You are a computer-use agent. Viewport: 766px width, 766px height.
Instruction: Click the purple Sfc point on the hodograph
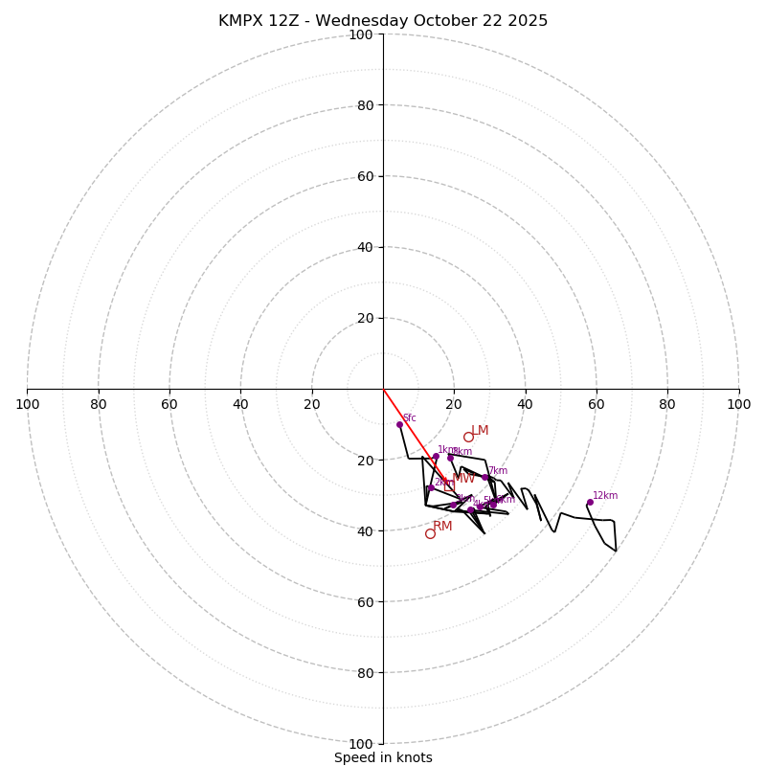coord(399,424)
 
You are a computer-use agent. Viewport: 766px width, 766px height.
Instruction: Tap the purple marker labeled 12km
coord(590,502)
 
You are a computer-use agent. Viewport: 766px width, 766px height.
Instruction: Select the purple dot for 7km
coord(484,477)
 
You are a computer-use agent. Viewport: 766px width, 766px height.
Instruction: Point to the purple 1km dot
coord(436,457)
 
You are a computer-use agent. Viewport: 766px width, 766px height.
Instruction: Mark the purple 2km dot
coord(431,488)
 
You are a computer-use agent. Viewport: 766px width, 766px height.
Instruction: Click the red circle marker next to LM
coord(468,437)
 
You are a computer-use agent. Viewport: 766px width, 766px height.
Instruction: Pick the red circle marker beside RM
coord(430,533)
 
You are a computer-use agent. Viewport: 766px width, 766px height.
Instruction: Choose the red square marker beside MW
coord(449,485)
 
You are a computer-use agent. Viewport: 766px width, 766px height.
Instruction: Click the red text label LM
coord(481,431)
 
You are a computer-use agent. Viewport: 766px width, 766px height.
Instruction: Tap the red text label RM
coord(442,527)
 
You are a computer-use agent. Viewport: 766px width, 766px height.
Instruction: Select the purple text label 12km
coord(605,496)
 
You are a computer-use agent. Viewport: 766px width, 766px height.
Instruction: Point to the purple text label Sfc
coord(410,418)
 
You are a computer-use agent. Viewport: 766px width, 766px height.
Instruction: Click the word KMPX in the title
coord(240,21)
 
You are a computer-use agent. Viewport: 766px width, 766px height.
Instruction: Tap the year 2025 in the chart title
coord(529,21)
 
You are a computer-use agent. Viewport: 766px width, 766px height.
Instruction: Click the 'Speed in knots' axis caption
coord(383,758)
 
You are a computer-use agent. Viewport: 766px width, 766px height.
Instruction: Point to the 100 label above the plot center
coord(361,34)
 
